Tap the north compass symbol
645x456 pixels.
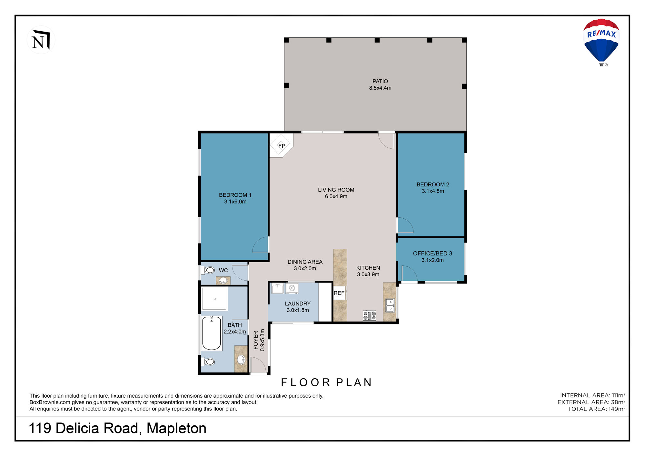tap(41, 40)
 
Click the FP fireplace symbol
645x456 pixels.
tap(281, 145)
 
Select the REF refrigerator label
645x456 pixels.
tap(339, 293)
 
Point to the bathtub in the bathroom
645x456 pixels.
tap(212, 333)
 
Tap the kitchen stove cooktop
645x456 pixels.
tap(370, 315)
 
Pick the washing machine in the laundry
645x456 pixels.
tap(292, 288)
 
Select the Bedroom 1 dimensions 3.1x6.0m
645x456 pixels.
tap(235, 202)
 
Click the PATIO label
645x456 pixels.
tap(380, 81)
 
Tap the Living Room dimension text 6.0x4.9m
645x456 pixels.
tap(336, 196)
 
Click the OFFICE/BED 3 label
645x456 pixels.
tap(432, 253)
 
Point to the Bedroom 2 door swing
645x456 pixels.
tap(405, 225)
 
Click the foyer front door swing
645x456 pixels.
tap(258, 365)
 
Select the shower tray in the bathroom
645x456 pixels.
tap(214, 299)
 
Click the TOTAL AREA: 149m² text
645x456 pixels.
tap(597, 409)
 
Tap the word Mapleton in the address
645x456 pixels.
tap(176, 428)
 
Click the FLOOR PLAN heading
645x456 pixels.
tap(327, 382)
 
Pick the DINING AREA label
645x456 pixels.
tap(305, 262)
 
